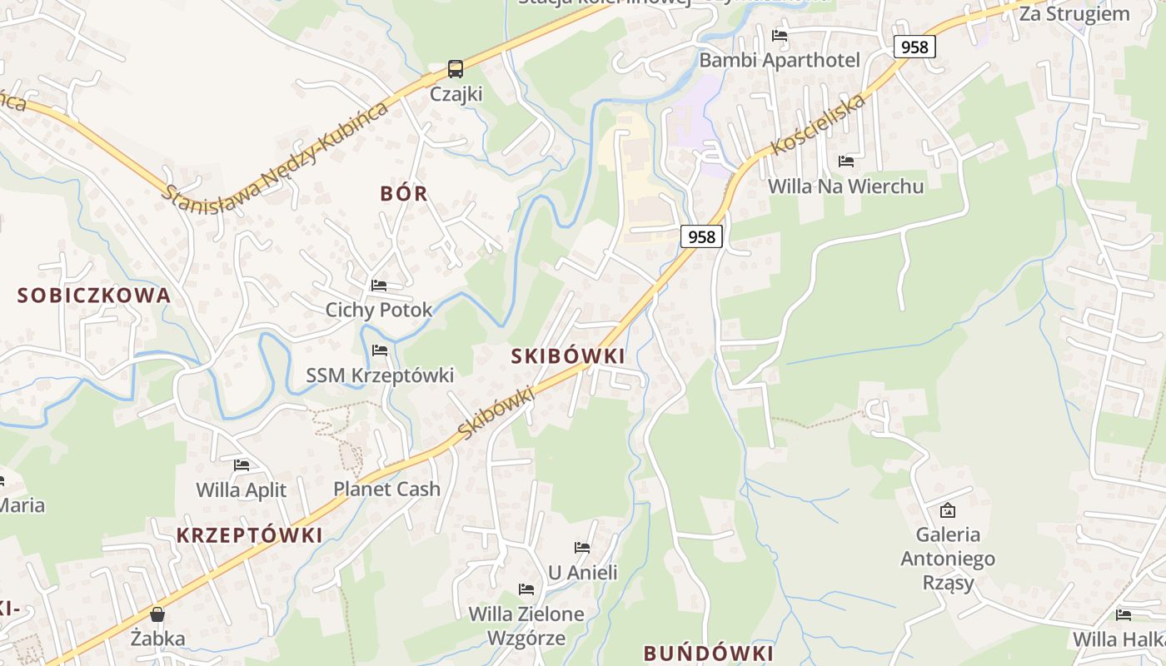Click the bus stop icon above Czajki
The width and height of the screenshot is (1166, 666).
(455, 68)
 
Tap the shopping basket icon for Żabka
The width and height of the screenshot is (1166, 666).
(157, 615)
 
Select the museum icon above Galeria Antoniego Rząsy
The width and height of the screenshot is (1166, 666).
(947, 510)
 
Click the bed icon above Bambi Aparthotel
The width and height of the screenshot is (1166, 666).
(780, 36)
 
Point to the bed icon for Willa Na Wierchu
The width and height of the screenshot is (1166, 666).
(846, 162)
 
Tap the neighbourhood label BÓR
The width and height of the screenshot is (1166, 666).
(404, 194)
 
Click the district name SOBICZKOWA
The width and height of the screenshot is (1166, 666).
(94, 295)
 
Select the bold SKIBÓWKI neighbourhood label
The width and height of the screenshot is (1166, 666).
(568, 356)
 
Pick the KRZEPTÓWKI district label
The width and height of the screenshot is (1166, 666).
(249, 535)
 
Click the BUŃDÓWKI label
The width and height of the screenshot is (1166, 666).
(709, 652)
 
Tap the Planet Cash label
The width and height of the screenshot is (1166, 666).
(386, 489)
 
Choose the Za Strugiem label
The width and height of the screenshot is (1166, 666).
(1074, 14)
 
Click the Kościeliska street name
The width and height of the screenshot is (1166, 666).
(820, 122)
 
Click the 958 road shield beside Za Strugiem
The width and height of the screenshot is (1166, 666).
(914, 47)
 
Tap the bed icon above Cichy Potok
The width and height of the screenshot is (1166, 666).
(379, 286)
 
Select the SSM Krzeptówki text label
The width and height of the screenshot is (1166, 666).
(380, 375)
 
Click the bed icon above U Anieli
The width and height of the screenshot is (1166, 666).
(582, 548)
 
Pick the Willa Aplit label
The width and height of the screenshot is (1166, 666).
(241, 490)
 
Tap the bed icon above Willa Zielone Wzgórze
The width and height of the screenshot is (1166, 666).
(526, 589)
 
